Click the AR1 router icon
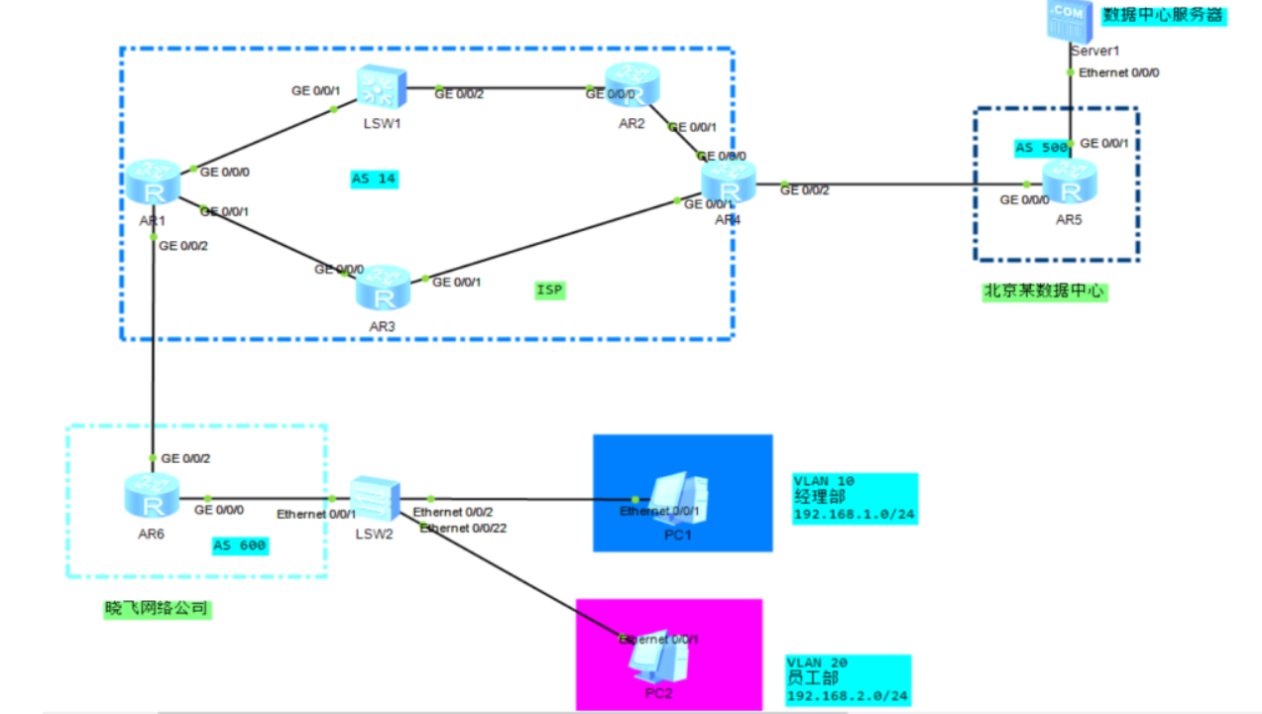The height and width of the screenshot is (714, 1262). (x=154, y=184)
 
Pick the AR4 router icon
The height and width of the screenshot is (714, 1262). (x=729, y=183)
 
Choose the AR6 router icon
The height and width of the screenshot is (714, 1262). (x=153, y=497)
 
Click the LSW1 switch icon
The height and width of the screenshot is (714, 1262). (x=377, y=88)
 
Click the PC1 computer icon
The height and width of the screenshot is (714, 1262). (x=678, y=496)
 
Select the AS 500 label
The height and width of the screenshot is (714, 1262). (x=1041, y=148)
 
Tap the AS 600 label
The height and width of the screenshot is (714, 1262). (x=240, y=545)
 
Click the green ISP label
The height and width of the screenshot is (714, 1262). (x=549, y=290)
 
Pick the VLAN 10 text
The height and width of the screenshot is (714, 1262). (x=824, y=481)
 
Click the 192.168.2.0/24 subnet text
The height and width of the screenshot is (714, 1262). (x=848, y=696)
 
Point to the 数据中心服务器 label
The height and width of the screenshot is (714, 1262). (x=1164, y=16)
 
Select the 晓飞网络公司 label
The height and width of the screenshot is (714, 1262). (x=159, y=609)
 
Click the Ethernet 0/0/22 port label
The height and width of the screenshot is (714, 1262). (x=463, y=529)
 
